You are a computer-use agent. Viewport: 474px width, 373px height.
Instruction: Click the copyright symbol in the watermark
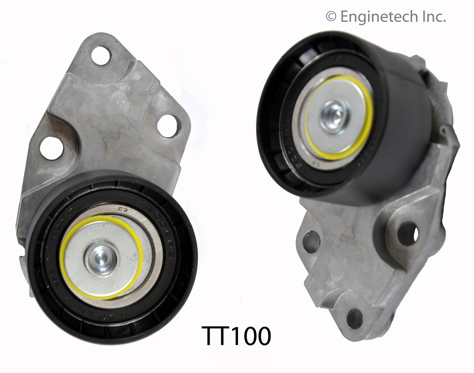click(x=330, y=16)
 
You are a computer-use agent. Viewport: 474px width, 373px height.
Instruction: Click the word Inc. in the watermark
click(x=433, y=16)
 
